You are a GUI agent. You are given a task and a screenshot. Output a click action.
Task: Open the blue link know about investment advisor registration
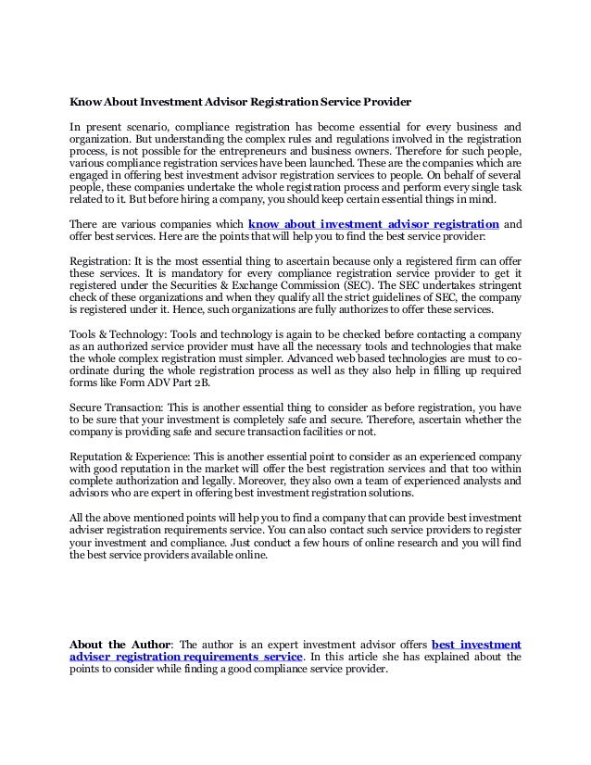click(375, 223)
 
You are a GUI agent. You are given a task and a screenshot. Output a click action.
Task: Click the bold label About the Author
click(111, 644)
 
